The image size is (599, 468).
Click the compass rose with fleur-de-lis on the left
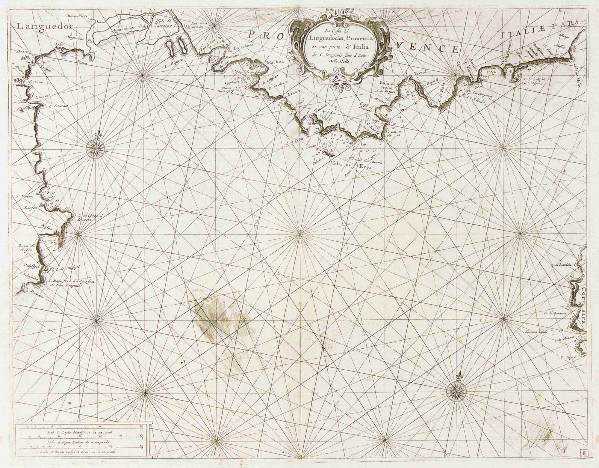coord(96,148)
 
